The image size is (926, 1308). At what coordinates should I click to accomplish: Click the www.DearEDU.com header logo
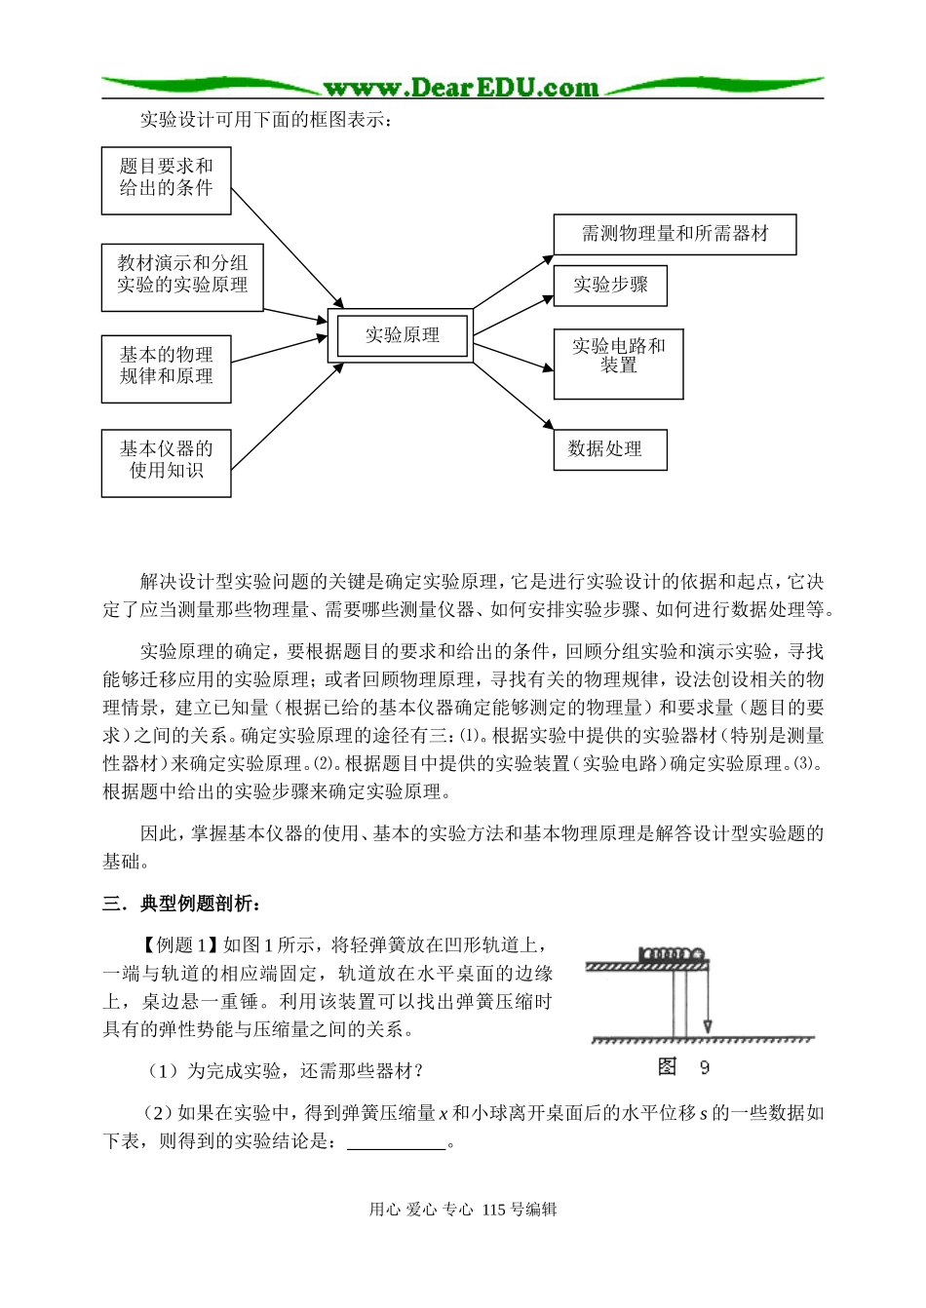click(x=461, y=88)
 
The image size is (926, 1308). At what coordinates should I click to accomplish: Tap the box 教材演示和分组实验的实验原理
click(x=182, y=277)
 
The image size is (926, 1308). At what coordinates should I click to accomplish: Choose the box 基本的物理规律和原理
click(x=166, y=368)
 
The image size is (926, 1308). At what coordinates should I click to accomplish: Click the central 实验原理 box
click(x=401, y=335)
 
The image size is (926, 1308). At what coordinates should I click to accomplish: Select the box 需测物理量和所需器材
click(x=675, y=234)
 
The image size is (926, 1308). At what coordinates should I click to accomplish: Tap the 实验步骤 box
click(x=610, y=286)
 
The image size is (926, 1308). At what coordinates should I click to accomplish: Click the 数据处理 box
click(x=609, y=449)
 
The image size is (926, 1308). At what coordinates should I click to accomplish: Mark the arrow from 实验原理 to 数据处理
click(x=514, y=396)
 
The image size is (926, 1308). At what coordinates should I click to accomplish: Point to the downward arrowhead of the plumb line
click(x=708, y=1026)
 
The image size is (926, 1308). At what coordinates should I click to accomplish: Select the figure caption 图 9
click(x=683, y=1067)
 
